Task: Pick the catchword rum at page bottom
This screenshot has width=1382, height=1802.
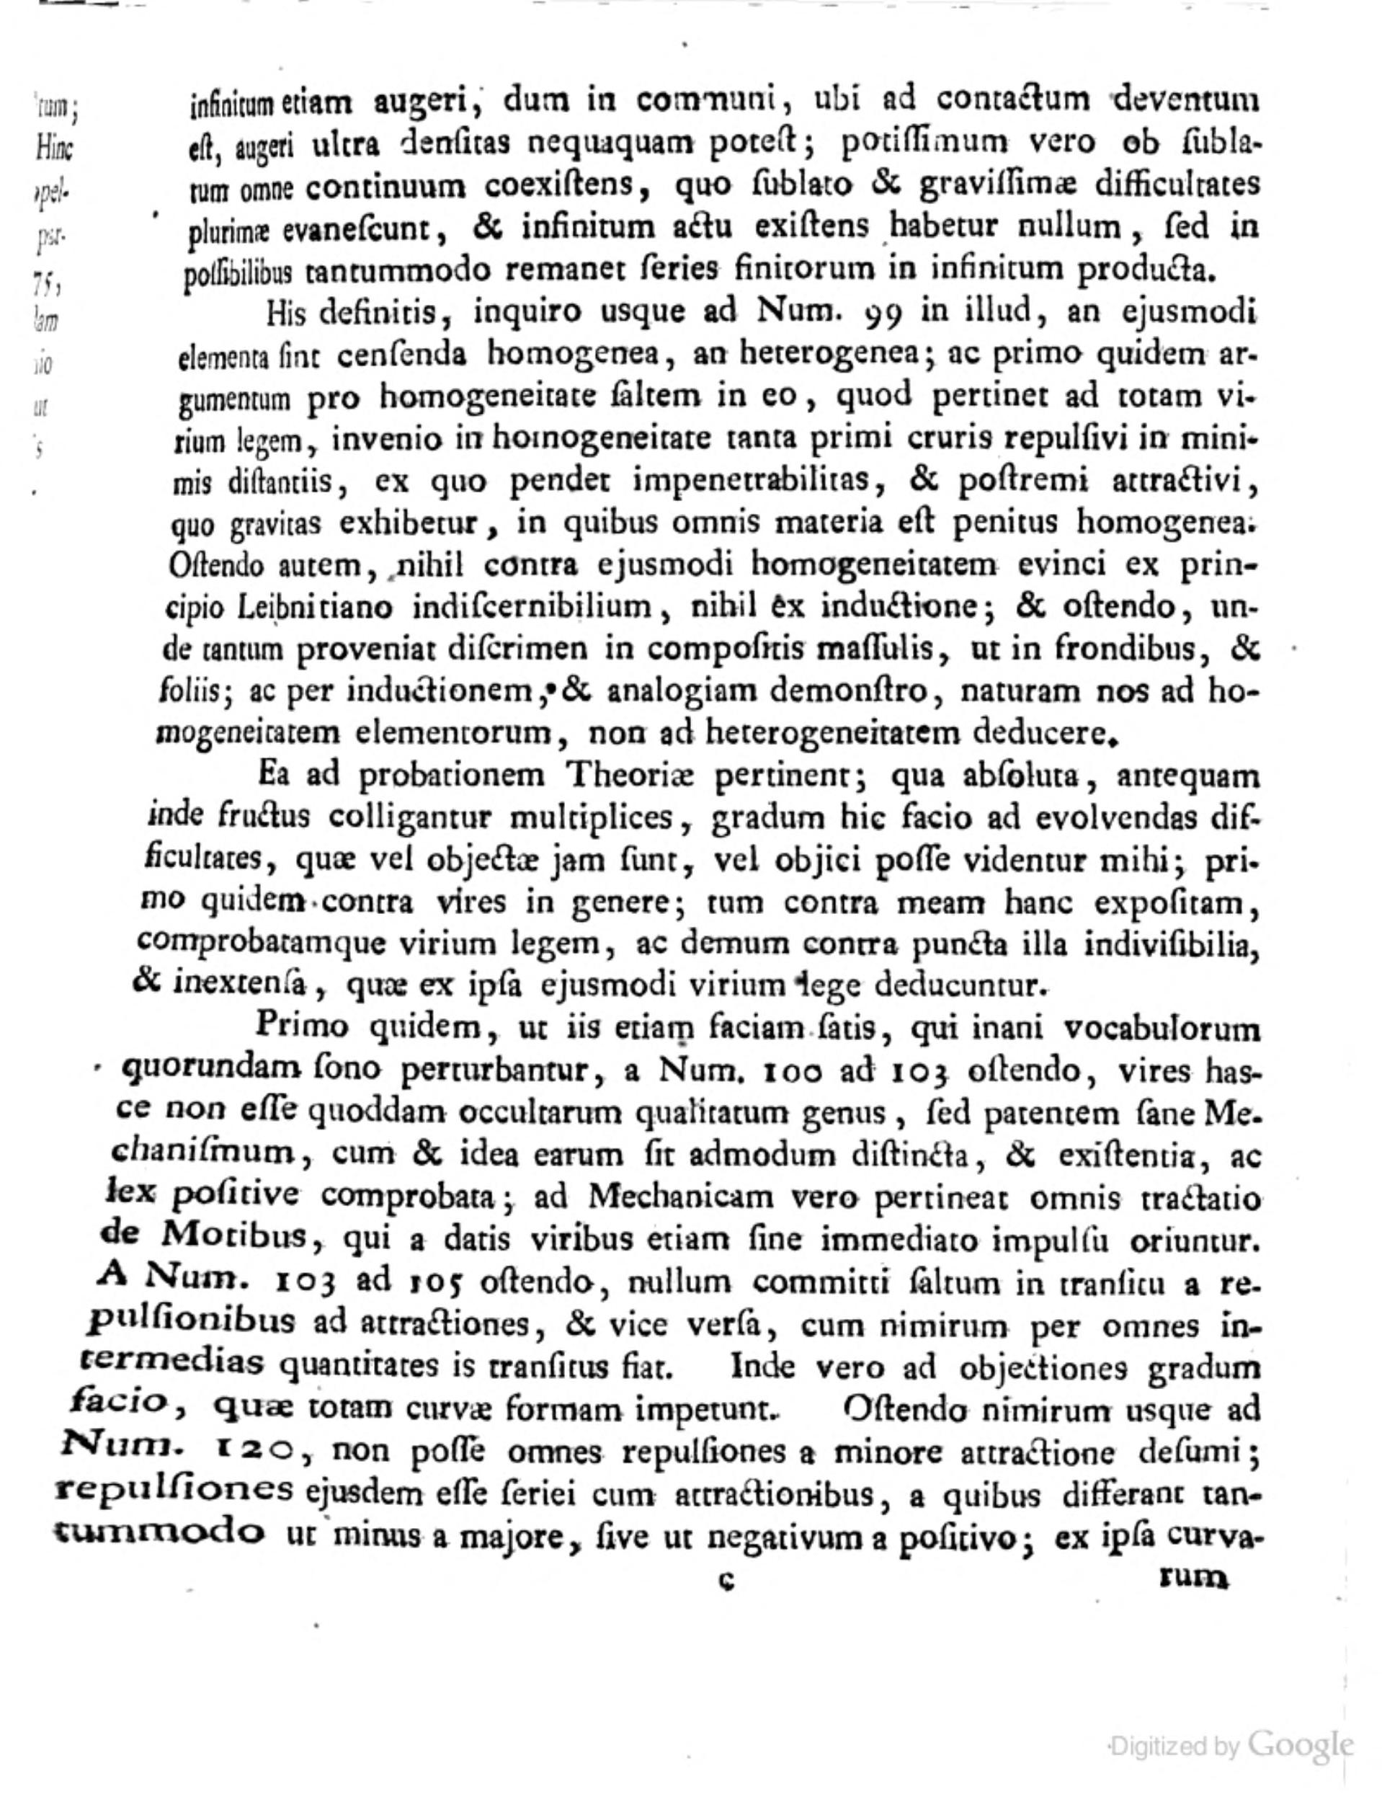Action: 1192,1576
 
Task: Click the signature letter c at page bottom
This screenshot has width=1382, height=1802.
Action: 726,1580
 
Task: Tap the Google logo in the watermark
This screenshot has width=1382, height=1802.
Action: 1300,1744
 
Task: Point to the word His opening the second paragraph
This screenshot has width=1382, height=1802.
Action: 287,313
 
